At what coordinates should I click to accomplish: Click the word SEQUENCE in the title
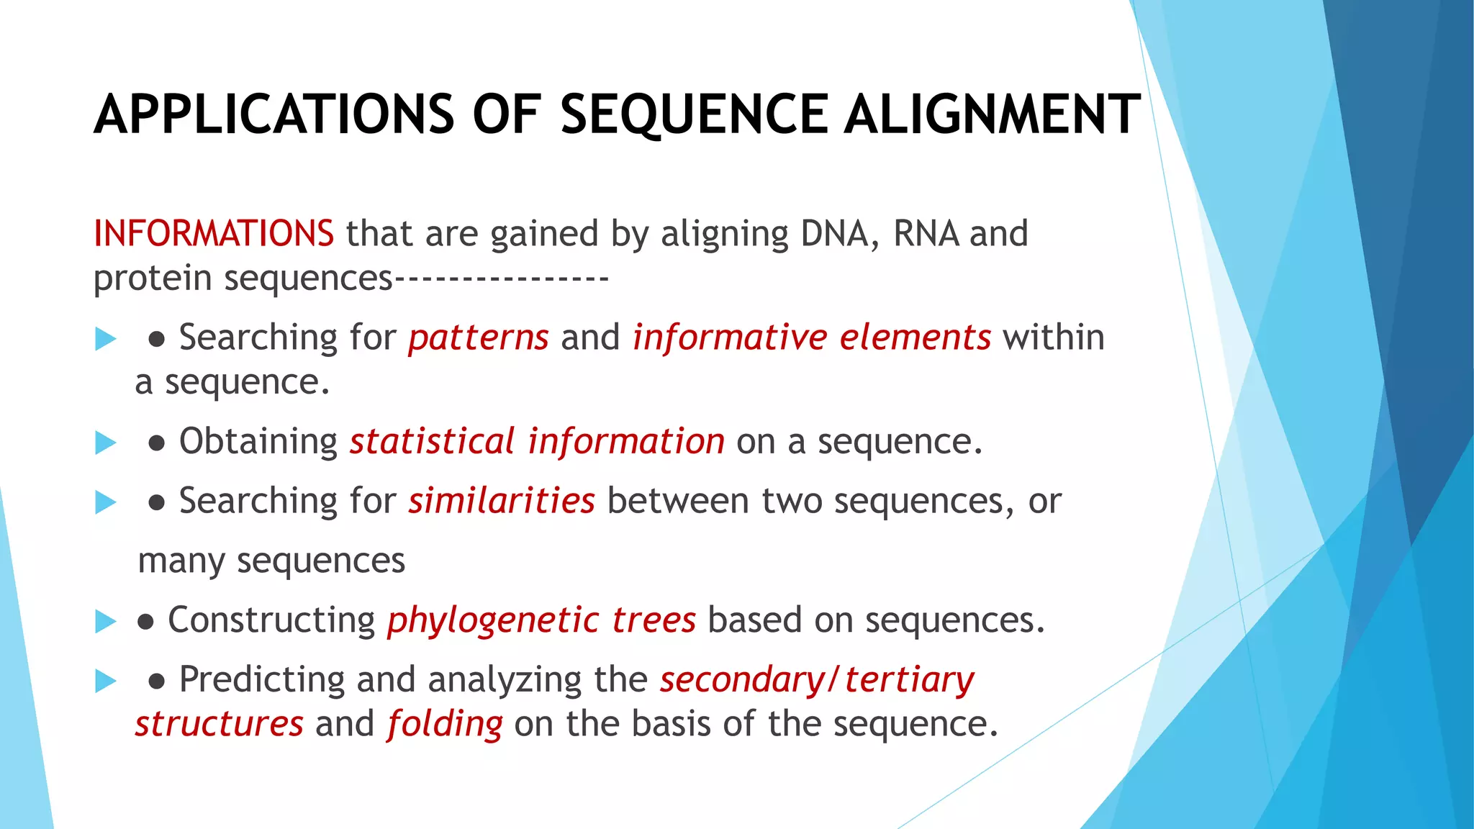click(x=694, y=115)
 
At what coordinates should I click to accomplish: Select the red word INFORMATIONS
click(x=214, y=234)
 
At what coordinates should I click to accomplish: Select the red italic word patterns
click(x=479, y=338)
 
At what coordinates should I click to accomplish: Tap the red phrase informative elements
click(x=812, y=338)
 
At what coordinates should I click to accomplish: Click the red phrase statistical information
click(x=537, y=441)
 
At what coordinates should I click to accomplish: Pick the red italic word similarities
click(x=502, y=501)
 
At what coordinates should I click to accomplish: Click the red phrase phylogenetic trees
click(x=541, y=620)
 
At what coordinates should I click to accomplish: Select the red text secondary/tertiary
click(x=817, y=680)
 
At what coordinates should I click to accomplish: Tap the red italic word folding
click(x=445, y=725)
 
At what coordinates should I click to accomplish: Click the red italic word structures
click(x=220, y=725)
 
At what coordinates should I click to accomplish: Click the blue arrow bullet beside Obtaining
click(x=106, y=443)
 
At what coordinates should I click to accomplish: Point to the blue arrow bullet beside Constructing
click(x=106, y=621)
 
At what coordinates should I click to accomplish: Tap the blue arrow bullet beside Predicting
click(x=106, y=681)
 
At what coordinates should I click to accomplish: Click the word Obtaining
click(x=258, y=441)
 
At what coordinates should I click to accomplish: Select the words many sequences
click(x=271, y=561)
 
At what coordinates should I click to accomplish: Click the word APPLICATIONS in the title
click(x=274, y=115)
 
